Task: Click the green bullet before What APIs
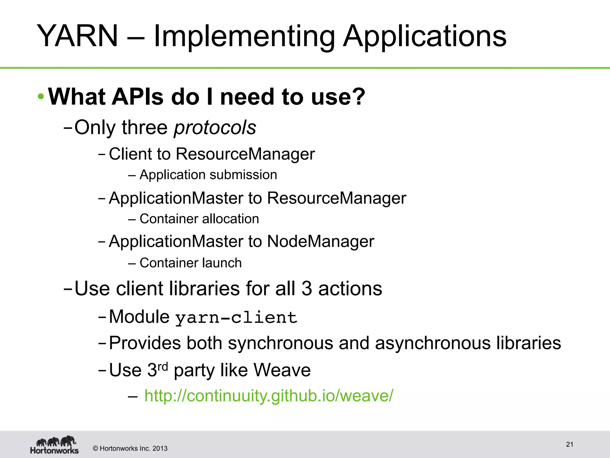click(x=41, y=97)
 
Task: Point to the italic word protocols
click(x=215, y=127)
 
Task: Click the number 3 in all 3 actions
click(x=307, y=289)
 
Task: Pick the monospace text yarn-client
click(x=236, y=317)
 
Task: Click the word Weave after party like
click(x=282, y=370)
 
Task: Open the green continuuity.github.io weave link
click(x=269, y=396)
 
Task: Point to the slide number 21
click(x=569, y=444)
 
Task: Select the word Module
click(x=139, y=317)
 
